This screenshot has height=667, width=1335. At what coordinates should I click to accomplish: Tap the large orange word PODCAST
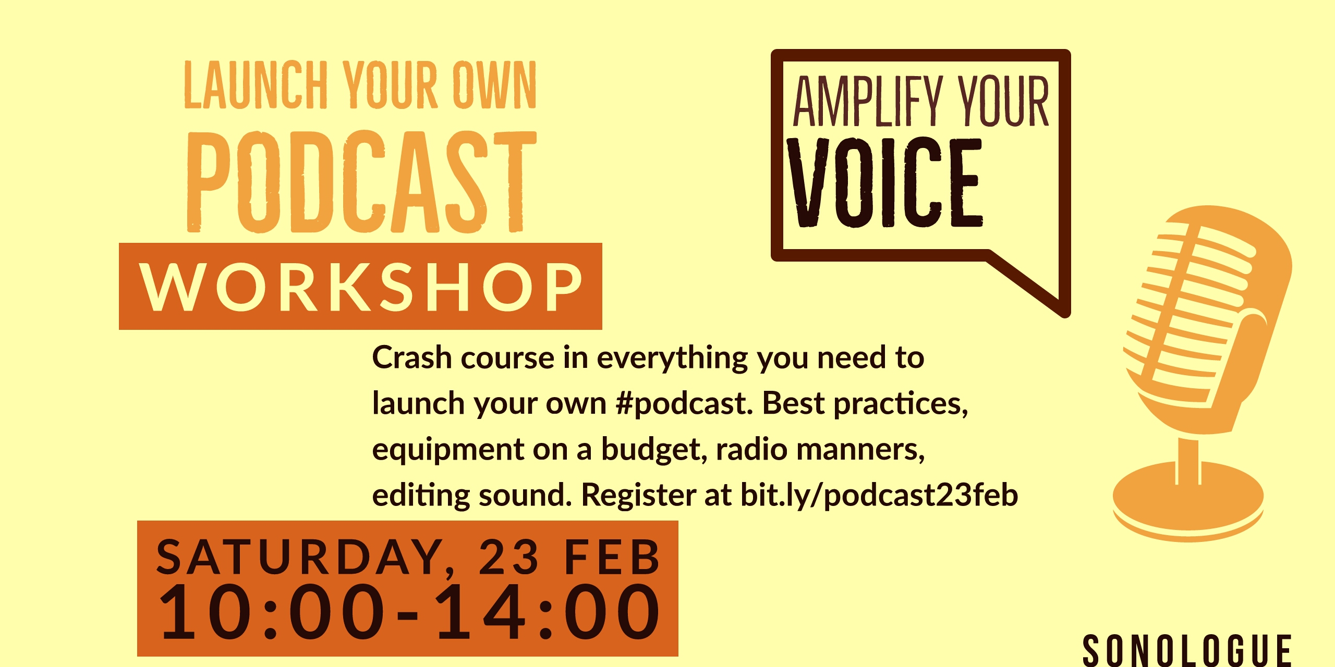361,181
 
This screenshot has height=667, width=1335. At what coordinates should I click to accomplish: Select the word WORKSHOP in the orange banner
361,287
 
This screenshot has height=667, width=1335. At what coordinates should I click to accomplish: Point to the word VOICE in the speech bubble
884,182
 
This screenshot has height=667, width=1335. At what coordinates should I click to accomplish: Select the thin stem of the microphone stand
1188,461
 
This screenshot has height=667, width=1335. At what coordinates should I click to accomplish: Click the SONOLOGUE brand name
1187,650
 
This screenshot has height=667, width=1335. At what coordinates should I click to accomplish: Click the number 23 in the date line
508,558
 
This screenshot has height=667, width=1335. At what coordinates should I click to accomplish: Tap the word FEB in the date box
613,557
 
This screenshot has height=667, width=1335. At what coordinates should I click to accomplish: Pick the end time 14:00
548,612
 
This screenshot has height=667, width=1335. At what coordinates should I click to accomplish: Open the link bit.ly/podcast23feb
879,495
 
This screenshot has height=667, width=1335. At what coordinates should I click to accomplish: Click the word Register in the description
638,496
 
